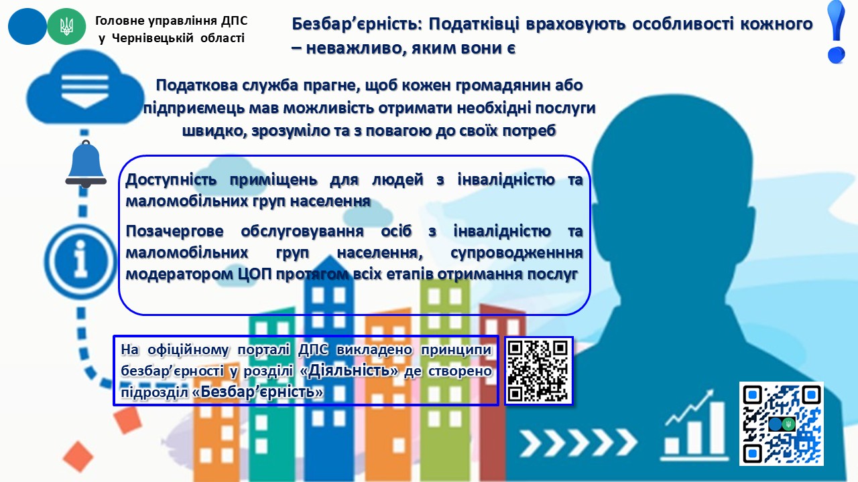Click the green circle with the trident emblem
[x=66, y=27]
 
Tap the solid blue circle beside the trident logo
[x=27, y=27]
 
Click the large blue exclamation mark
[x=836, y=32]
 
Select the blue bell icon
[x=86, y=164]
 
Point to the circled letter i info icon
[x=81, y=261]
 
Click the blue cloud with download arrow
[x=85, y=88]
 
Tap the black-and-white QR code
[x=538, y=371]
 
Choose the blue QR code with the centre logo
[x=782, y=424]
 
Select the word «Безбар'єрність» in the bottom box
[x=258, y=392]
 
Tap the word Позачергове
[x=174, y=232]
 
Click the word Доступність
[x=171, y=180]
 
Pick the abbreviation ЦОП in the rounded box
[x=254, y=274]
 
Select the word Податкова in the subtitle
[x=196, y=85]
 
